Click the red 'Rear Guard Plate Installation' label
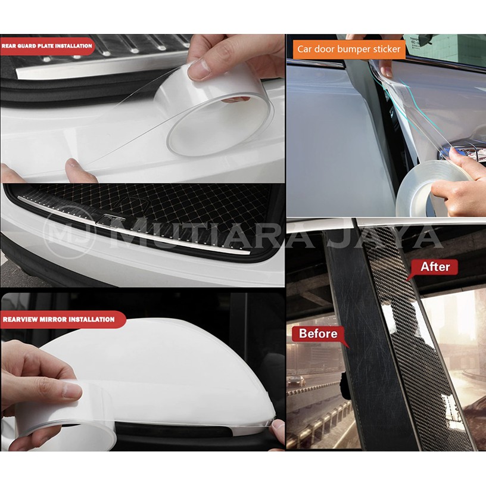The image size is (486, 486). tap(47, 46)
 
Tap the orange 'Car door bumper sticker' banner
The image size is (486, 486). tap(349, 49)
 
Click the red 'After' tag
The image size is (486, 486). tap(435, 267)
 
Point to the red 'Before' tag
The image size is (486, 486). tap(318, 334)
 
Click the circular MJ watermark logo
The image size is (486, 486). tap(70, 232)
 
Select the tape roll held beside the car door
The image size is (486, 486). tap(434, 189)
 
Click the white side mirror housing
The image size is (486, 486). tap(161, 372)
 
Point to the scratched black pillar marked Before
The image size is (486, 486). tap(369, 341)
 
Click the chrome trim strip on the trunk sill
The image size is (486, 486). tap(133, 224)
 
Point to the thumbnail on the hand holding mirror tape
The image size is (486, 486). tap(72, 391)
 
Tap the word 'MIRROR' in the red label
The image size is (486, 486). tap(50, 319)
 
